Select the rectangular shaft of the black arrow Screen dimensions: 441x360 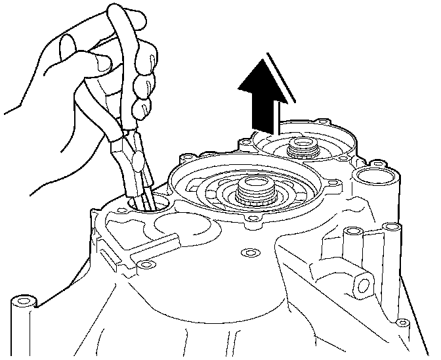pos(266,110)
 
